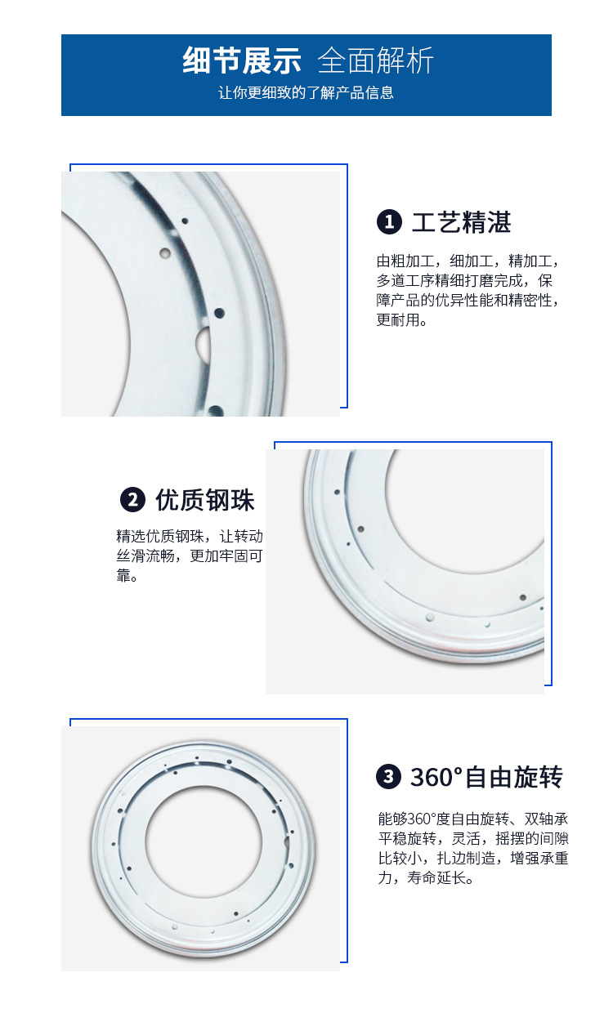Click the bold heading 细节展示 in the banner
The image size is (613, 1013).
(x=242, y=60)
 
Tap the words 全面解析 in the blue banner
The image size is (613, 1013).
(x=375, y=60)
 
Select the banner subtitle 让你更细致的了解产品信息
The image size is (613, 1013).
(x=306, y=92)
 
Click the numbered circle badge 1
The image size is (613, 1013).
(x=389, y=222)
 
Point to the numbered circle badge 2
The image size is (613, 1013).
(x=132, y=500)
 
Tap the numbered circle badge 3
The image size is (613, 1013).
(x=388, y=776)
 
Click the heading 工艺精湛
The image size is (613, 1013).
(x=462, y=222)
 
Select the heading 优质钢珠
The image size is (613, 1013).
(x=205, y=500)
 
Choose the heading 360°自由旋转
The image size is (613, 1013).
(x=486, y=777)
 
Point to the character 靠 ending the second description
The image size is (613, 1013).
(x=123, y=575)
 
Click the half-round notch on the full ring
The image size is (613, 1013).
(x=287, y=842)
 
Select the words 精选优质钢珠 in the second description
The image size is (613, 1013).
(x=160, y=537)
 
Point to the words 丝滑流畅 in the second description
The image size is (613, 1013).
(x=145, y=556)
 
